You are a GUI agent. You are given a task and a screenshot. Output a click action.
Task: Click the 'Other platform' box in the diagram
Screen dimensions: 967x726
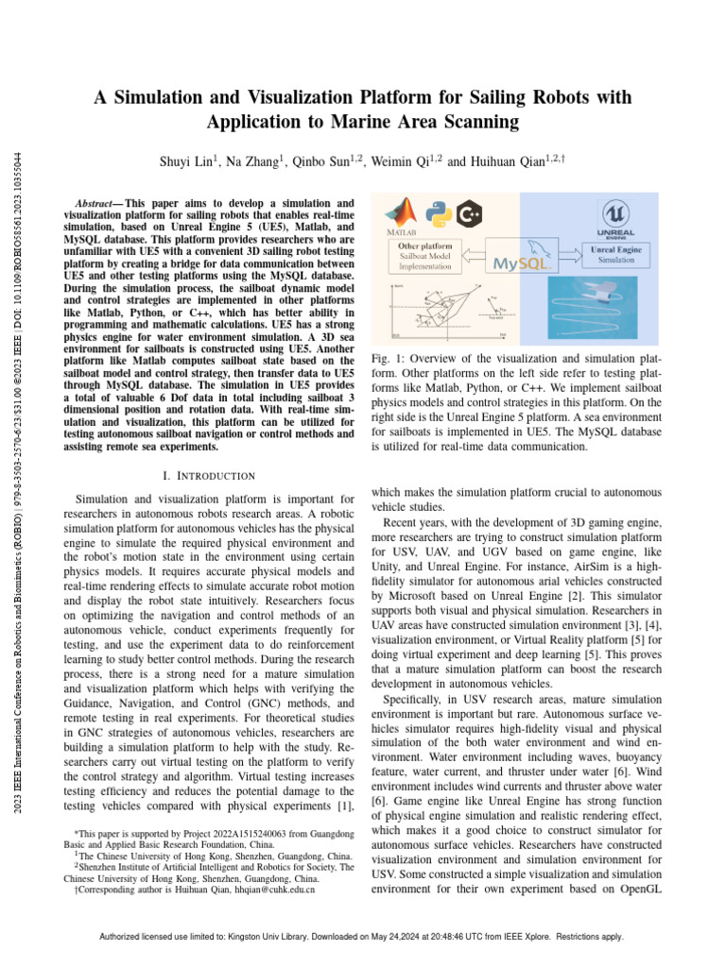click(x=422, y=256)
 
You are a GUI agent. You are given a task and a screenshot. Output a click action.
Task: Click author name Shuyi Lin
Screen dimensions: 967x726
click(x=186, y=161)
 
